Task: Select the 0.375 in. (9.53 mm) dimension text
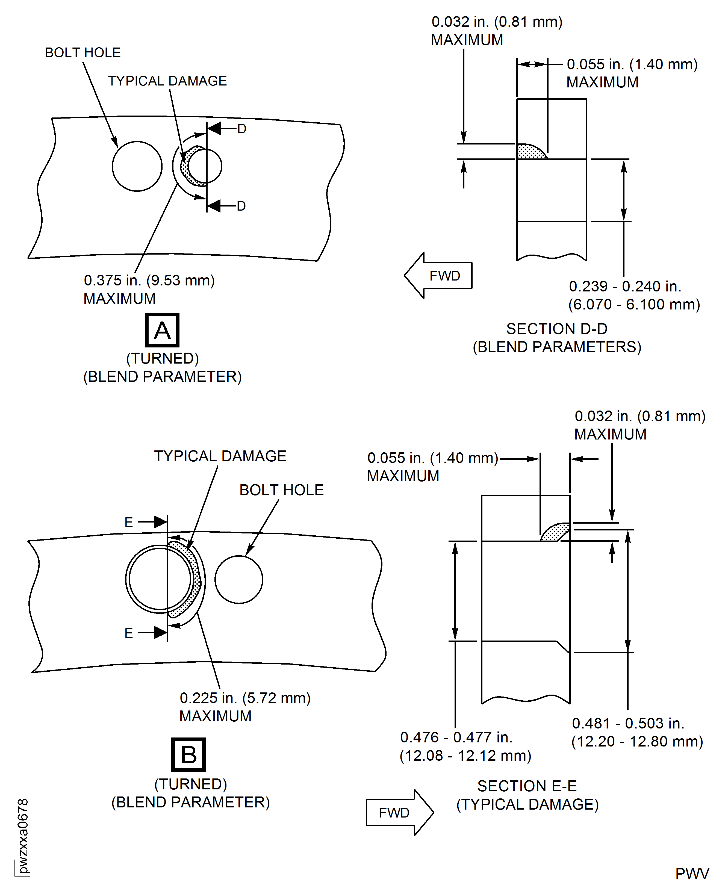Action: (x=149, y=281)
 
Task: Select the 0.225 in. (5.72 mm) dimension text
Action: (x=245, y=698)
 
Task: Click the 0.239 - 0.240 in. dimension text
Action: (x=625, y=287)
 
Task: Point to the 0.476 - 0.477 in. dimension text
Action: (x=456, y=737)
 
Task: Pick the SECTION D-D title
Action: (x=556, y=329)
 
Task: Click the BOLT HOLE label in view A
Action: (x=83, y=53)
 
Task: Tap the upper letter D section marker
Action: (x=242, y=129)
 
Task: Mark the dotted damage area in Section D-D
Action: (x=529, y=152)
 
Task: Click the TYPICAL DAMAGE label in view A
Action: (x=167, y=81)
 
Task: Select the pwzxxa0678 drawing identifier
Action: (x=23, y=836)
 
